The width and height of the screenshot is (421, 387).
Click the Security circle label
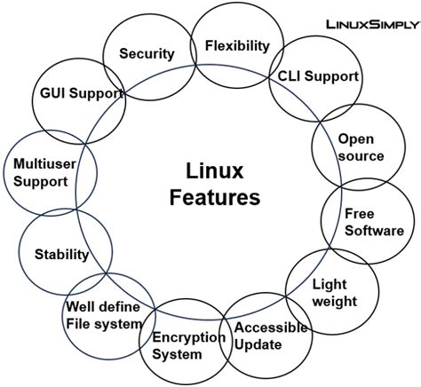pyautogui.click(x=147, y=53)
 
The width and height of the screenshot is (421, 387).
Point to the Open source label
pyautogui.click(x=361, y=147)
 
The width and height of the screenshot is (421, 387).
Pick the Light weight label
pyautogui.click(x=334, y=293)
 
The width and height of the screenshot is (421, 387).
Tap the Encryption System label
pyautogui.click(x=188, y=345)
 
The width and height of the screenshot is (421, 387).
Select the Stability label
pyautogui.click(x=61, y=255)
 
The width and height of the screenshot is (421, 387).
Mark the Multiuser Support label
pyautogui.click(x=40, y=172)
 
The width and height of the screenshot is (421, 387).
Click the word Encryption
pyautogui.click(x=188, y=337)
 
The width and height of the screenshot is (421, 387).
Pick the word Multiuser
pyautogui.click(x=40, y=163)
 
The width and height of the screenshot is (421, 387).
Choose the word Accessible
pyautogui.click(x=270, y=327)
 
